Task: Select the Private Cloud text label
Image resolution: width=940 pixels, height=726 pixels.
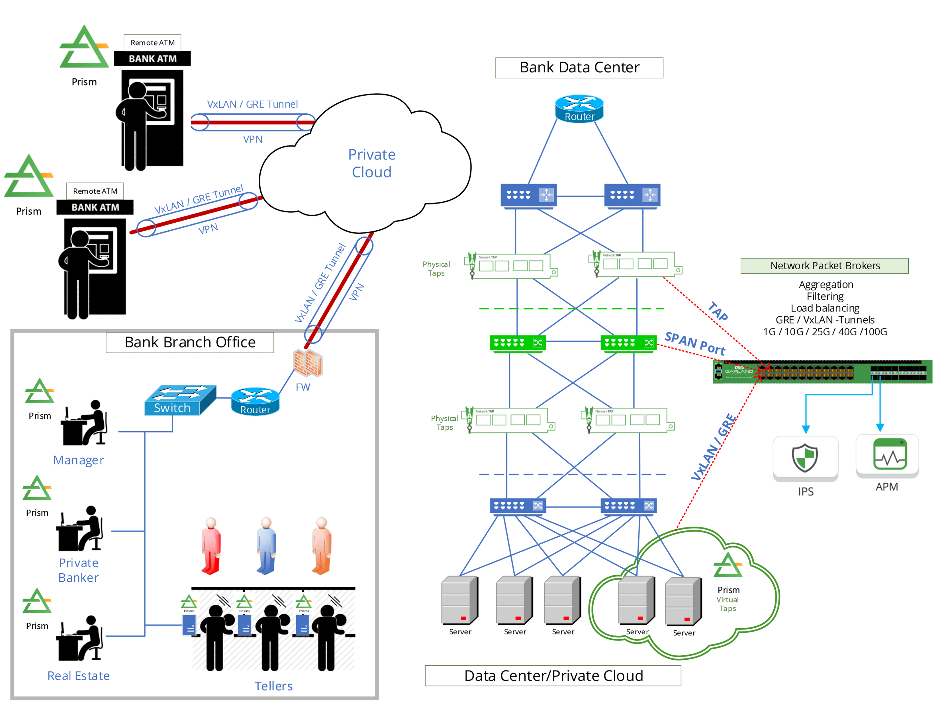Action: click(x=371, y=163)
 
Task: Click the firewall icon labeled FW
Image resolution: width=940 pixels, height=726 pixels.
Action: click(x=307, y=362)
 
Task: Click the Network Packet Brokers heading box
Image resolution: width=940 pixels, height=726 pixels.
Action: click(x=824, y=266)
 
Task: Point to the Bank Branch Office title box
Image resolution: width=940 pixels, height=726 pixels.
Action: click(x=190, y=342)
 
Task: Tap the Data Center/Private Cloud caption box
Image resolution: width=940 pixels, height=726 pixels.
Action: click(x=553, y=676)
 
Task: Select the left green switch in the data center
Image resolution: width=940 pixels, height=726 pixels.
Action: click(x=518, y=343)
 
